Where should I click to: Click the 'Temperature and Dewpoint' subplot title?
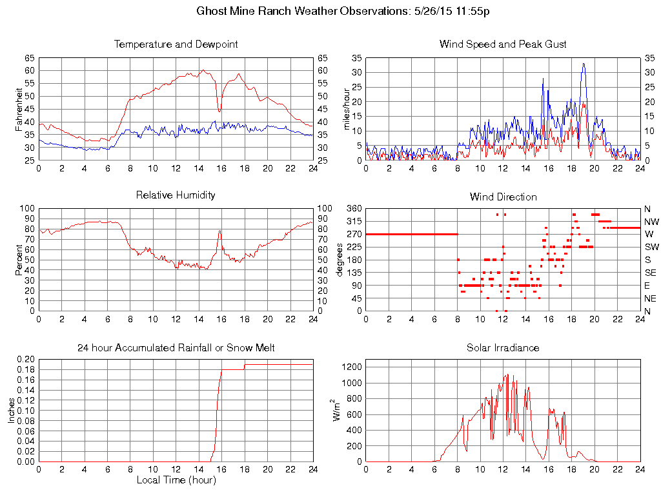click(176, 44)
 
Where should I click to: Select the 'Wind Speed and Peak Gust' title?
click(503, 44)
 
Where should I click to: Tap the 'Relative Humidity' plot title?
click(176, 195)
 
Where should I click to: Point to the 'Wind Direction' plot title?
click(503, 197)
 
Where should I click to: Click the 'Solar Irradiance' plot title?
click(503, 348)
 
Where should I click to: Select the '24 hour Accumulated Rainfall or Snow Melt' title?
click(176, 348)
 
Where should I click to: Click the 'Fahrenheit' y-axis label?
click(19, 110)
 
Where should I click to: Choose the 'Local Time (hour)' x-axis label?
click(176, 480)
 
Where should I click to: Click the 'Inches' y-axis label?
click(11, 411)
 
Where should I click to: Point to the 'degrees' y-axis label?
click(339, 260)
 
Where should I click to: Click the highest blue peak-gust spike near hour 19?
click(583, 64)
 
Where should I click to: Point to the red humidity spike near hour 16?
click(219, 230)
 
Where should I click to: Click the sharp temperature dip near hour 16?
click(219, 111)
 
